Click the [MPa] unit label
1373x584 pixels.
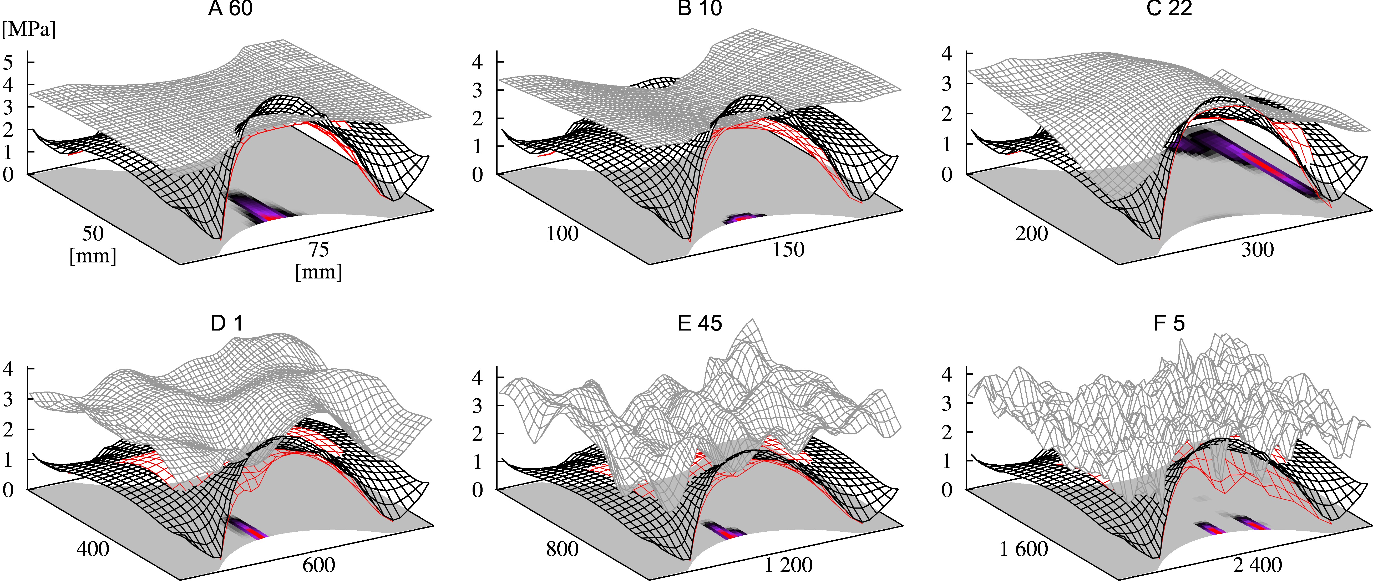29,29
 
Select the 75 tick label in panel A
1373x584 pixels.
319,249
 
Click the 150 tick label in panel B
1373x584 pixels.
788,249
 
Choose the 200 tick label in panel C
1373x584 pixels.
1031,233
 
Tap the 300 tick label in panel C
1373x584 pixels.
1257,249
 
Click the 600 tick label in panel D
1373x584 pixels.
319,565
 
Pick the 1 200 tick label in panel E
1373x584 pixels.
788,565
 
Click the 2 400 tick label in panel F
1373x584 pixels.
1257,565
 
